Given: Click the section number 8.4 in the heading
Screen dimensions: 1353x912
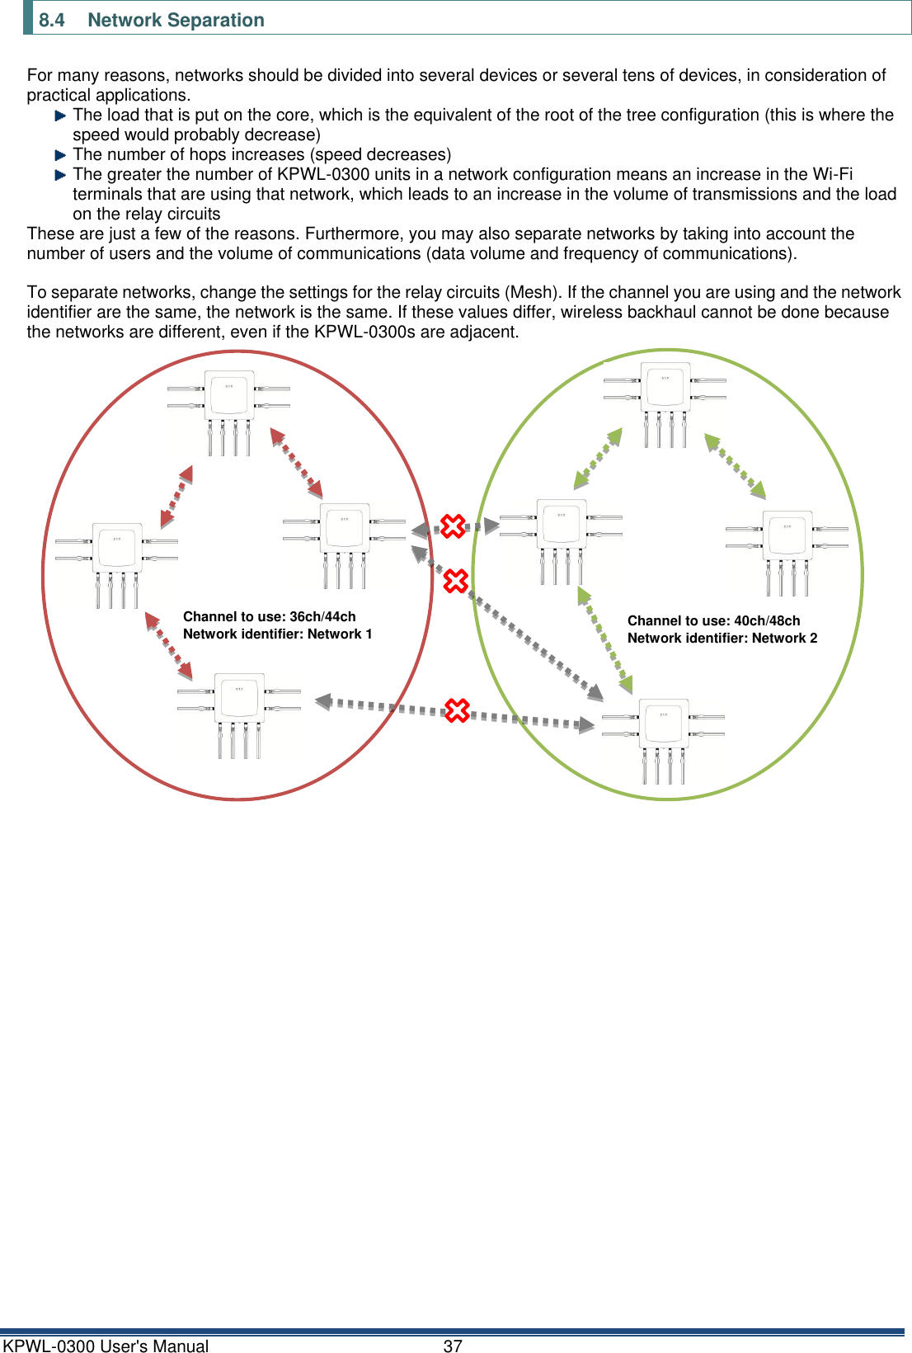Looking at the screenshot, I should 51,20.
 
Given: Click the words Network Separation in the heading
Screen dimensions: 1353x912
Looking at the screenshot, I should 176,20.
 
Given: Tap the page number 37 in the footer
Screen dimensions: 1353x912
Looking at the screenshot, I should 453,1346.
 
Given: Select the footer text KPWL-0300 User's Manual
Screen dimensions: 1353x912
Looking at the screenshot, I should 106,1346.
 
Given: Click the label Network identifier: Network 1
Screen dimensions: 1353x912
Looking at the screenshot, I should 277,634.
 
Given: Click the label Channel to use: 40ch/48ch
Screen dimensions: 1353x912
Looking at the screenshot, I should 713,620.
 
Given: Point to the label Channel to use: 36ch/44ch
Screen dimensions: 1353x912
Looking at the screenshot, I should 269,616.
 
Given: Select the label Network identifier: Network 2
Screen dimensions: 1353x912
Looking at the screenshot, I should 722,638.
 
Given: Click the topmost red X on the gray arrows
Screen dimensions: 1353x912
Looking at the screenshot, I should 453,526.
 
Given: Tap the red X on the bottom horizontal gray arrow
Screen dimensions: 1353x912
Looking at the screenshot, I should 457,710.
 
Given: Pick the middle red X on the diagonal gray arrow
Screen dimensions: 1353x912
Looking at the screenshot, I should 456,581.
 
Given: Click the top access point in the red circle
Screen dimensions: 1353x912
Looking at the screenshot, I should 229,404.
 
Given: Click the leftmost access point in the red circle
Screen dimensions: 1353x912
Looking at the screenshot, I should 117,554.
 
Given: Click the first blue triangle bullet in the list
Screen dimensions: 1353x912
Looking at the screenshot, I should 60,116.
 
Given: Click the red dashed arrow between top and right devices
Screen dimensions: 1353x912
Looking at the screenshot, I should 297,464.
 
